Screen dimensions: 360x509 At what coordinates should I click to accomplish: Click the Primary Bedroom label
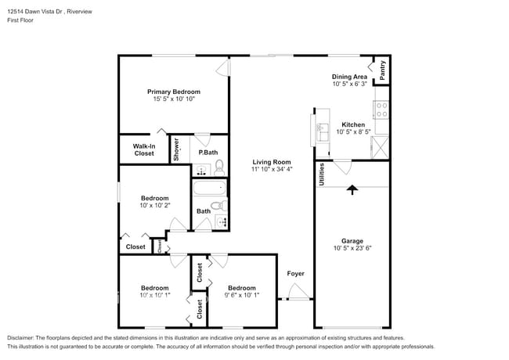(x=173, y=92)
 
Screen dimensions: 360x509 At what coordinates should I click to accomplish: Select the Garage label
(x=352, y=241)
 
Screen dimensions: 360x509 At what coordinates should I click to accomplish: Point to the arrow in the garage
(x=352, y=189)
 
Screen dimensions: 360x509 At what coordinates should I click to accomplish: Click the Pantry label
(x=382, y=70)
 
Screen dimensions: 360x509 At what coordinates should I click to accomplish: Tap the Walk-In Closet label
(x=143, y=149)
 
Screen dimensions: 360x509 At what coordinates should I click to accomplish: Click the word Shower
(x=176, y=149)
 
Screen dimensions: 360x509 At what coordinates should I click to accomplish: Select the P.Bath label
(x=208, y=153)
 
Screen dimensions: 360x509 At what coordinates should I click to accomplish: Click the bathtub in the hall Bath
(x=209, y=188)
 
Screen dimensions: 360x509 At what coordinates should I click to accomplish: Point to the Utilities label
(x=321, y=173)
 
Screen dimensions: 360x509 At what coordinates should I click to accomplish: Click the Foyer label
(x=295, y=273)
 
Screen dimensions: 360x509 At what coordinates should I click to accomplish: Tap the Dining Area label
(x=349, y=77)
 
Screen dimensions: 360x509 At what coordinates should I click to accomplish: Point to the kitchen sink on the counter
(x=322, y=131)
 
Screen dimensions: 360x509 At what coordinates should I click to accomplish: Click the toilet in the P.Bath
(x=220, y=166)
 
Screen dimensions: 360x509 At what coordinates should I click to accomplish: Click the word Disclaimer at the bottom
(x=24, y=337)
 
